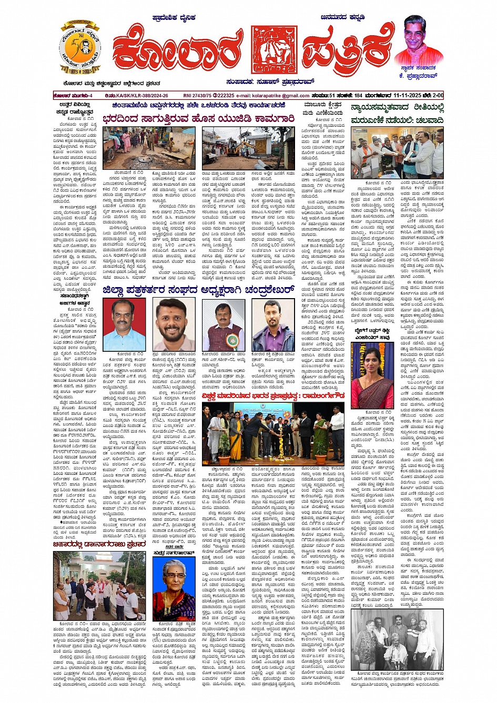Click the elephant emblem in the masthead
[275, 50]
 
